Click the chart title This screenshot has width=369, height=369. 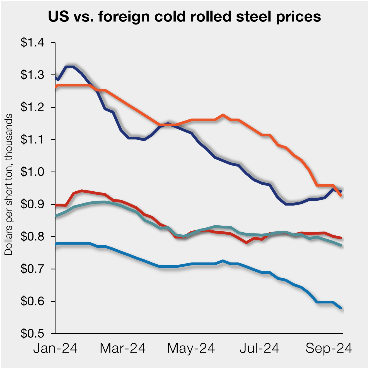(184, 17)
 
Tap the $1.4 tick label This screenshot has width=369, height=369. (32, 43)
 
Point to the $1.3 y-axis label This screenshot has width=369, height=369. (32, 75)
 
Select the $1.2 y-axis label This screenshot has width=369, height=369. (32, 107)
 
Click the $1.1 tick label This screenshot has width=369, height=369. (32, 139)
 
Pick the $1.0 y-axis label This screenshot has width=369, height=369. (32, 172)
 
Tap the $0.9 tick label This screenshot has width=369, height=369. (32, 204)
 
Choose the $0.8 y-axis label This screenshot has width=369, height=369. (32, 237)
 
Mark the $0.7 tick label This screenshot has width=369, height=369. (32, 269)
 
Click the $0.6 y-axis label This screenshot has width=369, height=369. (32, 301)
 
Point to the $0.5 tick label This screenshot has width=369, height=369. (32, 334)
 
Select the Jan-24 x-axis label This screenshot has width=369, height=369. (55, 348)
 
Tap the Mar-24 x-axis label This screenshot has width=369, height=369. (123, 348)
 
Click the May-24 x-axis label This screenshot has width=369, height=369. (191, 348)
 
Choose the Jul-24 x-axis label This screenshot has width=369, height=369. (259, 348)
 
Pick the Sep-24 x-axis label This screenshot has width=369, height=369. (329, 348)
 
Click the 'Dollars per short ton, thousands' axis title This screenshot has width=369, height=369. (9, 184)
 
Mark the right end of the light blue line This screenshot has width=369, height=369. (341, 308)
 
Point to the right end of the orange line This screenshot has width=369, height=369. (341, 195)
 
